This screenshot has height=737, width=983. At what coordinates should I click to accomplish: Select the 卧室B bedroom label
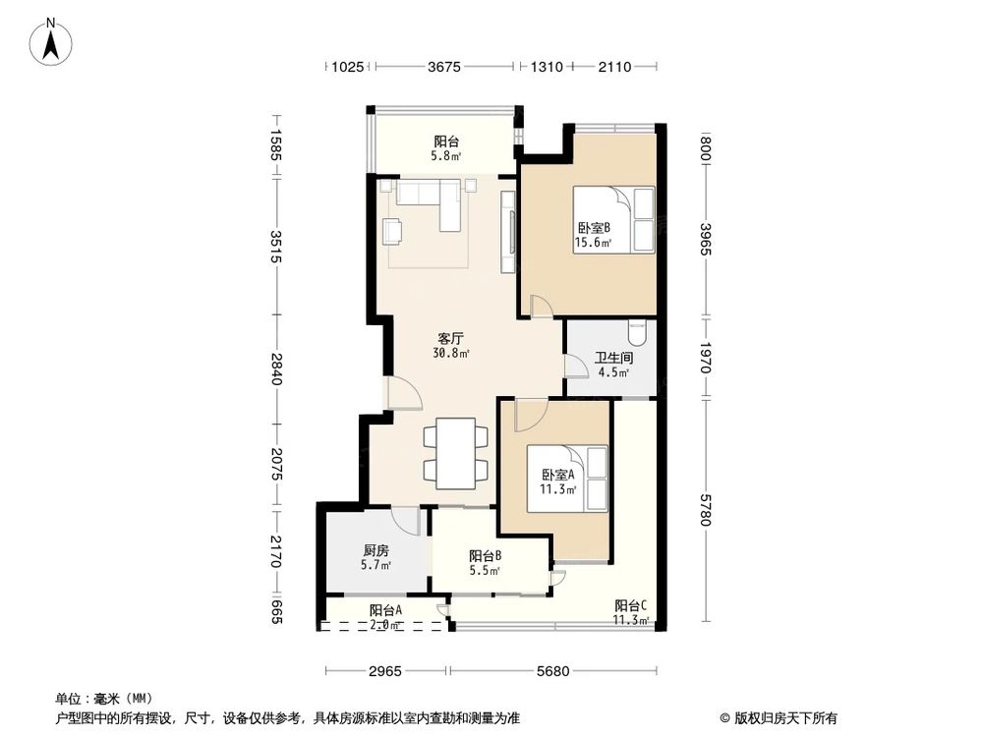(x=594, y=228)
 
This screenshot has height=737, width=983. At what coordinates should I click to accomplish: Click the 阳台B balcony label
(x=485, y=555)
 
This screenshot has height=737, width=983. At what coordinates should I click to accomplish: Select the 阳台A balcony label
(x=385, y=610)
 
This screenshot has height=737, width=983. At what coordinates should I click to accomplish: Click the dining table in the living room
(x=454, y=453)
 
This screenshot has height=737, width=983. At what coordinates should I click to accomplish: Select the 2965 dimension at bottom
(x=386, y=671)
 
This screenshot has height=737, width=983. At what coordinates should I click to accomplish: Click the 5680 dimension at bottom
(x=553, y=671)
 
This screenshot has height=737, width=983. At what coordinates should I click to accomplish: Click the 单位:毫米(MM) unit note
(x=102, y=698)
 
